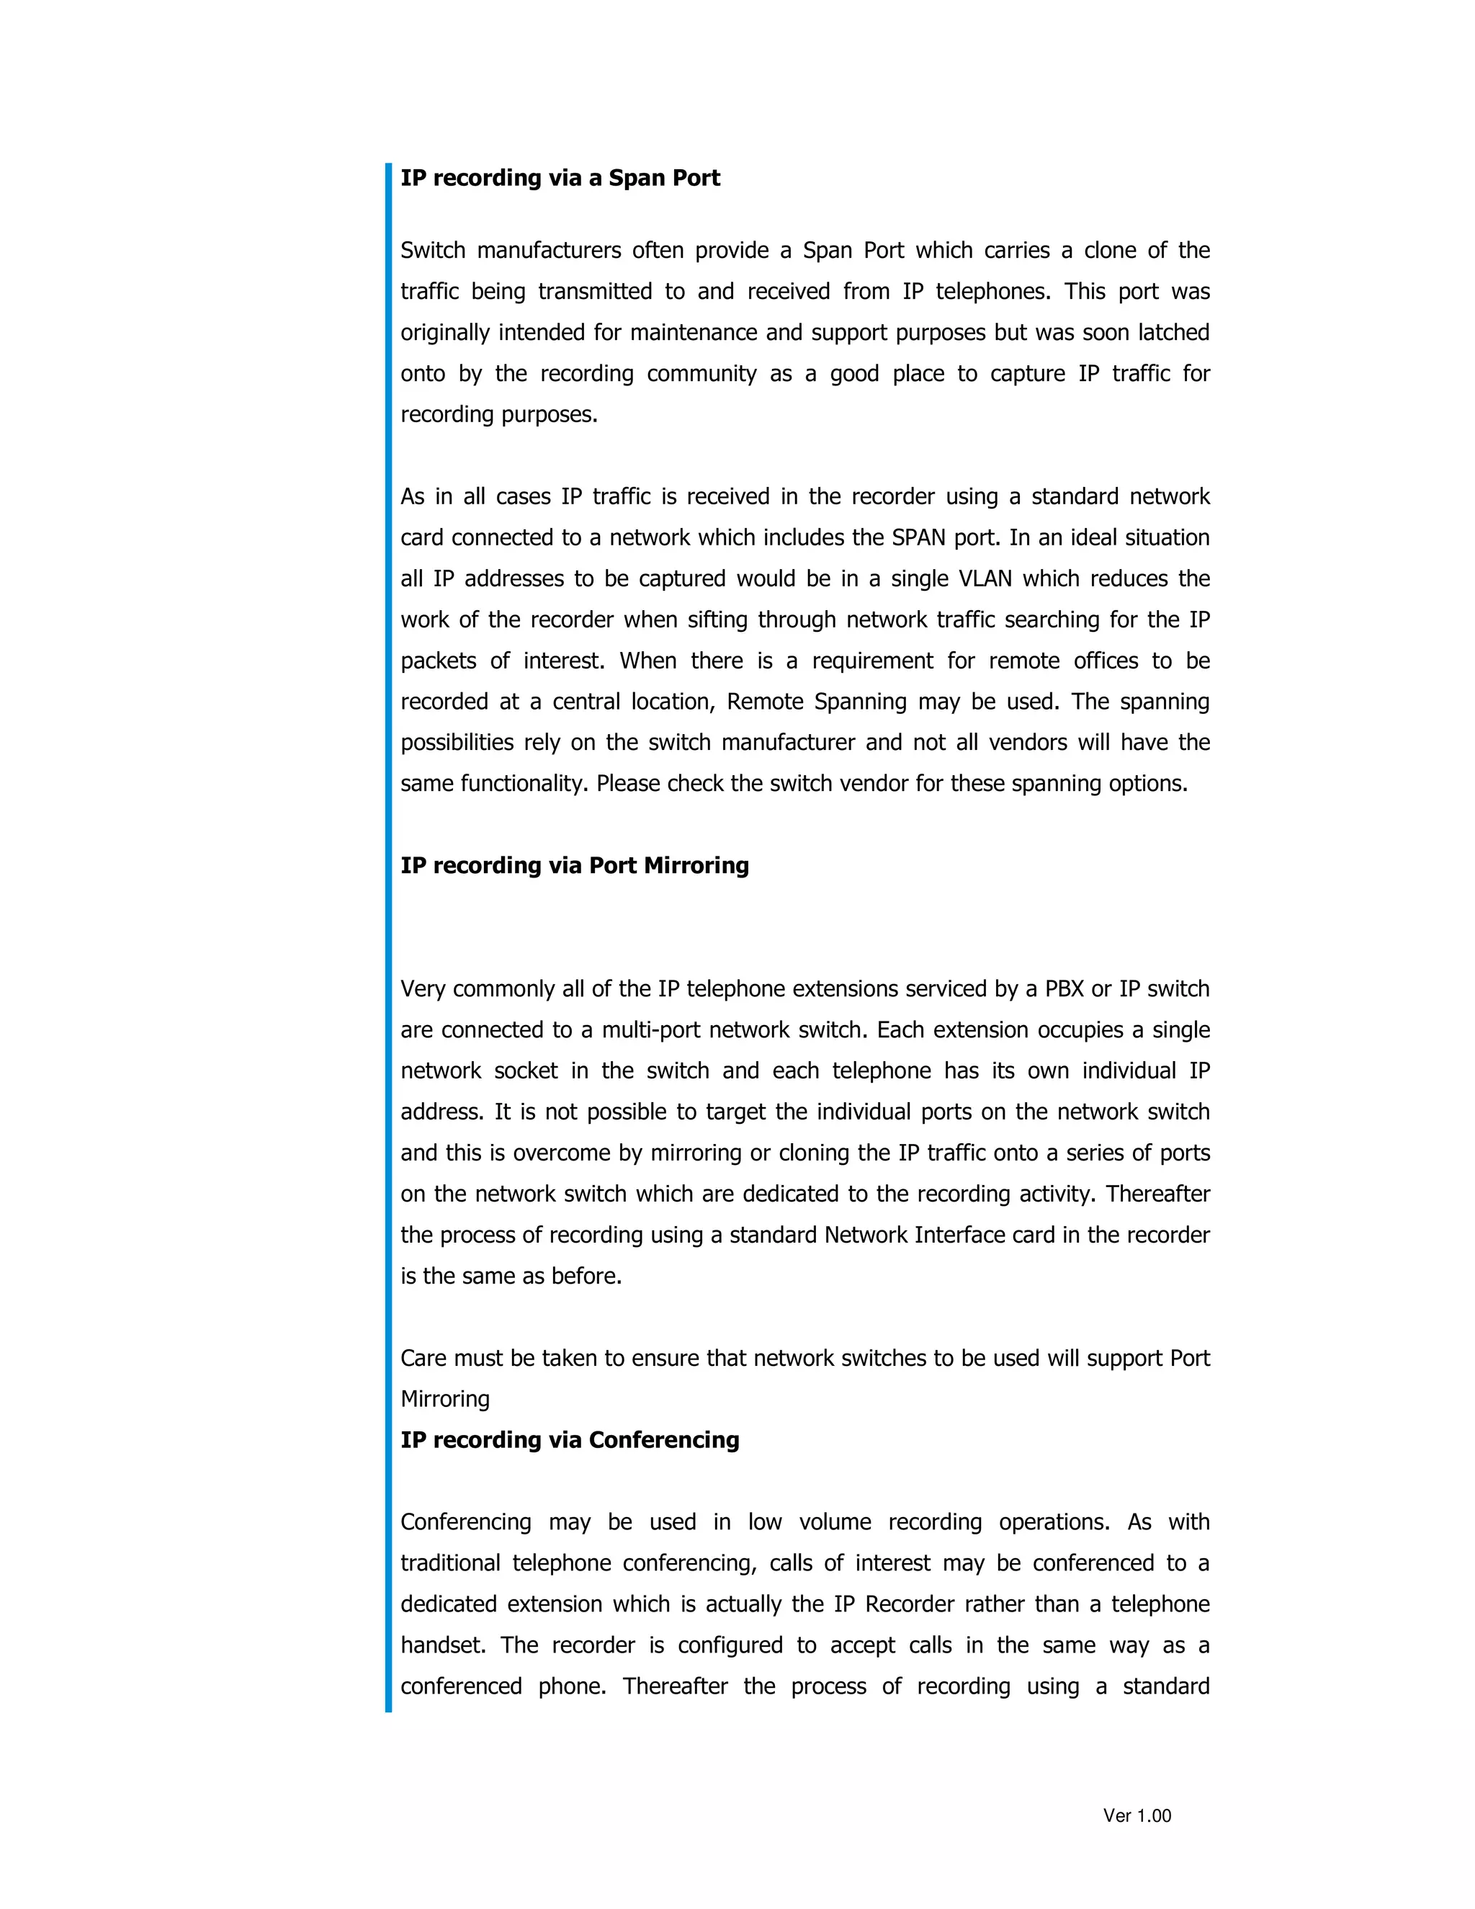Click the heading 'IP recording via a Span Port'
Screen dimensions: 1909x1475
pos(560,179)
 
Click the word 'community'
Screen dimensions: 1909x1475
pos(701,374)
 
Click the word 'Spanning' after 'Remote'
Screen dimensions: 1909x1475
pos(860,702)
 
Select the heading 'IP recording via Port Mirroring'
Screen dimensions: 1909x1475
pos(574,865)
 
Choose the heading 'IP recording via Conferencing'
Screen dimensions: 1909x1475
pos(570,1439)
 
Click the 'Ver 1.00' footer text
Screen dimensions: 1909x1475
pos(1136,1815)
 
